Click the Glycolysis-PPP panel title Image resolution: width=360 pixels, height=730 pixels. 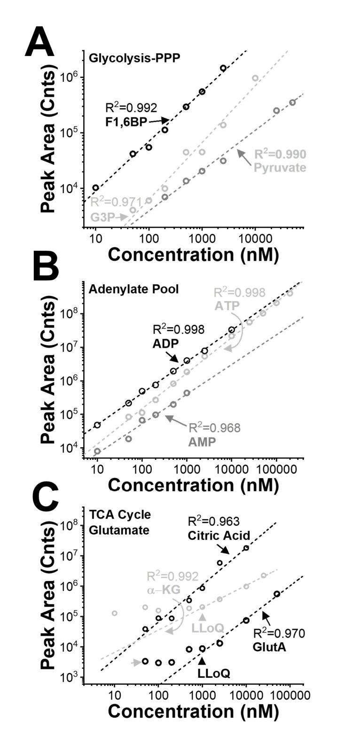click(134, 58)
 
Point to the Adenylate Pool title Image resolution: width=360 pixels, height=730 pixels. click(133, 289)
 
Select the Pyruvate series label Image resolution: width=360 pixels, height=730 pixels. click(280, 167)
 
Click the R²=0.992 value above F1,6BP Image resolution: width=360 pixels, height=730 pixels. click(131, 108)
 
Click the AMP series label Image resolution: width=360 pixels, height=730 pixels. click(202, 442)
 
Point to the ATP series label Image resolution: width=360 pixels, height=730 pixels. click(227, 305)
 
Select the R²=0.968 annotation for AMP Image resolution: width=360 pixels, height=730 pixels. click(214, 427)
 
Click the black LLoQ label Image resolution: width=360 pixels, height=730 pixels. click(213, 673)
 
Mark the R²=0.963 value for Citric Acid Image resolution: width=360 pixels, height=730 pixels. click(214, 521)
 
